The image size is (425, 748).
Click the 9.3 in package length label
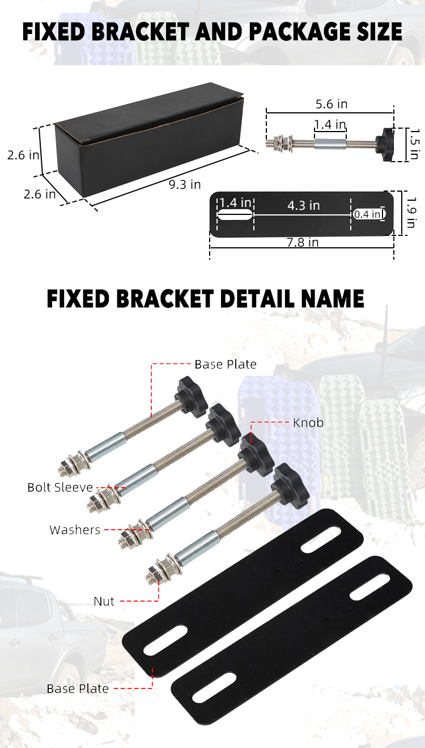[x=185, y=184]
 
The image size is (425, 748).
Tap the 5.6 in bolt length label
[x=331, y=104]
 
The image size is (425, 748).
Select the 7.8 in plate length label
[x=302, y=243]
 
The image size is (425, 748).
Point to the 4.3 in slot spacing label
[x=304, y=205]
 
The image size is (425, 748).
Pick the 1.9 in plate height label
[x=413, y=213]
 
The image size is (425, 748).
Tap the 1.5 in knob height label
[x=414, y=145]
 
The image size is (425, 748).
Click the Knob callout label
[x=308, y=422]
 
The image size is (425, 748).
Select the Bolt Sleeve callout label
[x=60, y=487]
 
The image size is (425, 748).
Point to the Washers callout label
[x=75, y=530]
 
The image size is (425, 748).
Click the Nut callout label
[x=104, y=601]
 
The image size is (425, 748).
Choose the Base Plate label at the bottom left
[x=78, y=688]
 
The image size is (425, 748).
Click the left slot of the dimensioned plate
[x=235, y=215]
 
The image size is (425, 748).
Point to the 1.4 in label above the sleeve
[x=330, y=124]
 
